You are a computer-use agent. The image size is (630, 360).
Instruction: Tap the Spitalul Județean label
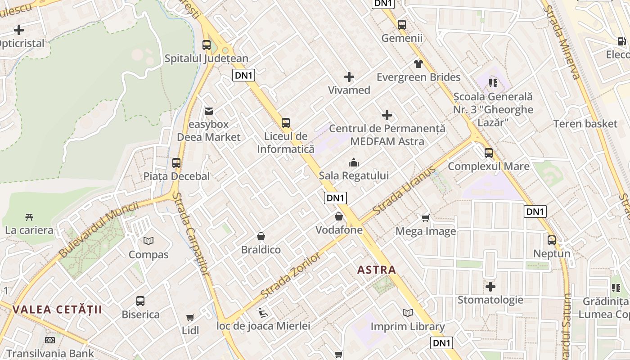click(206, 58)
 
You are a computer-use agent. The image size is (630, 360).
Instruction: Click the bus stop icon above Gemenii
click(402, 25)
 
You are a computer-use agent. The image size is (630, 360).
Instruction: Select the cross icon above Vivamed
click(349, 77)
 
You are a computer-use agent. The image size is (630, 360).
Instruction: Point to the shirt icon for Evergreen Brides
click(418, 64)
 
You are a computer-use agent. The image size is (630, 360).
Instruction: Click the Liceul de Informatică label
click(286, 143)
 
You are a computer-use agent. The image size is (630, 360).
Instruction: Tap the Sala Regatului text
click(354, 175)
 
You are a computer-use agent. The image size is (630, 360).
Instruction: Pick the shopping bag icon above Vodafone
click(339, 217)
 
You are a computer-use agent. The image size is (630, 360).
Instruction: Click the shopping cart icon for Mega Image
click(425, 218)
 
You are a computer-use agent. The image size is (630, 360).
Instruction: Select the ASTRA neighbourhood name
click(376, 270)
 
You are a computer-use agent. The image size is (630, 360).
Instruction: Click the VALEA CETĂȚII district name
click(57, 310)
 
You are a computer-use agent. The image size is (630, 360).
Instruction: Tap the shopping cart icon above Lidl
click(190, 317)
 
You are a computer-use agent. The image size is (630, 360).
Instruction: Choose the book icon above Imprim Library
click(408, 313)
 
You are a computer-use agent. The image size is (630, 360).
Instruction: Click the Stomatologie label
click(490, 300)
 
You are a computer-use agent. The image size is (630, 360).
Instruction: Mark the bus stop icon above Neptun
click(552, 240)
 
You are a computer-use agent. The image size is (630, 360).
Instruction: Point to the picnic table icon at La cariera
click(29, 217)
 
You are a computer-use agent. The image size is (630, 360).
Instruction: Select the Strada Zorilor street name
click(291, 275)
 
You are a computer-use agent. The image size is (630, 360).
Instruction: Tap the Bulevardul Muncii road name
click(99, 230)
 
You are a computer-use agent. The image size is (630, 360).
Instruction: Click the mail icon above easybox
click(209, 111)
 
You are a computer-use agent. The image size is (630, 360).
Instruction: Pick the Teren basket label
click(585, 124)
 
